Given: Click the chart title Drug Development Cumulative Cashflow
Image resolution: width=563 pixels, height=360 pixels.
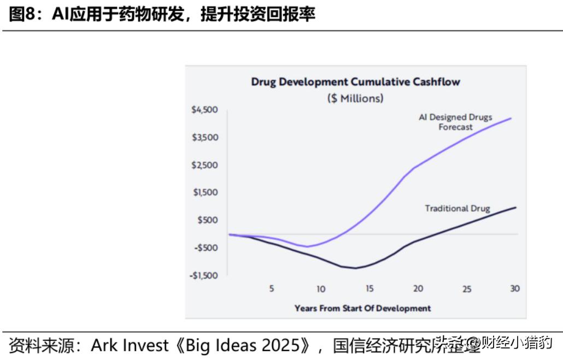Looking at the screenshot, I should click(355, 82).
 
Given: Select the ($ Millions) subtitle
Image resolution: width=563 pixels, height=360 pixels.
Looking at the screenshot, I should click(355, 98).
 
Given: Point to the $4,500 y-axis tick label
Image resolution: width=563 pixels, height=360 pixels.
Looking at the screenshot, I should click(204, 110).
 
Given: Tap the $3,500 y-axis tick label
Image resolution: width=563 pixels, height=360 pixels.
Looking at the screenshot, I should click(204, 137).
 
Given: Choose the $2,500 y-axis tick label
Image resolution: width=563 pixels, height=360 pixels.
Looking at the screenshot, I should click(204, 165).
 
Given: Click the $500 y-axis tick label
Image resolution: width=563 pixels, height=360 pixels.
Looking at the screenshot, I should click(207, 220).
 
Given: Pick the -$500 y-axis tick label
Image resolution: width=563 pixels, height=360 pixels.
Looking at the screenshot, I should click(206, 247).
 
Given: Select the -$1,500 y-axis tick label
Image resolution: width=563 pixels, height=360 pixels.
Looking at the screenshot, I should click(203, 275).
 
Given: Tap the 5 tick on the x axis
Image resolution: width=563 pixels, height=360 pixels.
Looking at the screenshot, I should click(272, 289).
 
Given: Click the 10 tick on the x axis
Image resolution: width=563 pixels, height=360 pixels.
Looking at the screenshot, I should click(320, 289).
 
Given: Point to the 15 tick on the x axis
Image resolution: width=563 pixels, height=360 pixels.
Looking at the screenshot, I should click(370, 289).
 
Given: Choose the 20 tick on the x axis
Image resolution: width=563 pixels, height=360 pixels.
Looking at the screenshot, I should click(418, 289).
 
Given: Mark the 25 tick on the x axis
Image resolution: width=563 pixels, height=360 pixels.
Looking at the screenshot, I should click(467, 289).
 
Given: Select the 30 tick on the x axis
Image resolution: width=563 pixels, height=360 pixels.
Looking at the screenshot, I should click(515, 288).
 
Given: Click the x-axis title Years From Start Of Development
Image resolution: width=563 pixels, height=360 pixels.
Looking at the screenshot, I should click(362, 308).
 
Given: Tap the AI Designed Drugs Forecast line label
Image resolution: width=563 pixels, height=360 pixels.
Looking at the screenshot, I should click(455, 122).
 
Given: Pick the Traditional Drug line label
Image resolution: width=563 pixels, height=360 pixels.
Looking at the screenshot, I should click(458, 208).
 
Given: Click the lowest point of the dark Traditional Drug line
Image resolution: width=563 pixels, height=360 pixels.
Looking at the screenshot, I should click(355, 268).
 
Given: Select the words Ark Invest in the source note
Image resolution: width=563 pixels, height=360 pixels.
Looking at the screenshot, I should click(130, 345).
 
